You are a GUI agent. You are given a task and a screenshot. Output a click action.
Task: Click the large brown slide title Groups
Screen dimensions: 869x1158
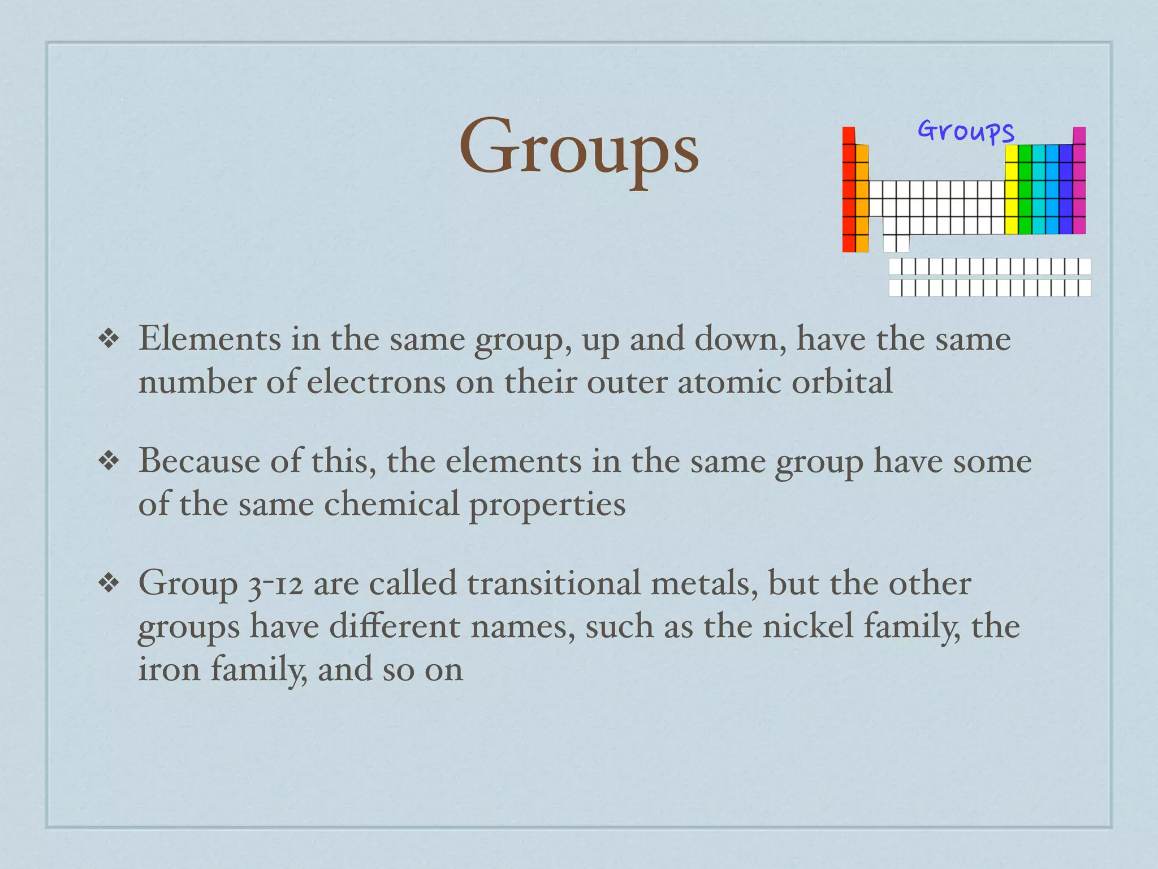tap(578, 148)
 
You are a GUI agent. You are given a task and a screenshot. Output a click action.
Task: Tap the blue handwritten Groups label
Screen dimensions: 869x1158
tap(966, 132)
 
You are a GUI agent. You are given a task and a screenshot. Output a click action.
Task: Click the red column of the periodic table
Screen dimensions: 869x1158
tap(849, 190)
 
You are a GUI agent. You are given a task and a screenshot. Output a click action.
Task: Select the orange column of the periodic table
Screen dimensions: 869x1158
tap(862, 198)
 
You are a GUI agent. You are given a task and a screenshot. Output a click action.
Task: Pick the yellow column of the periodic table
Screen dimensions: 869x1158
tap(1012, 190)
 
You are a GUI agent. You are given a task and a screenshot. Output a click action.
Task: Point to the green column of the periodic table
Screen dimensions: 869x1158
tap(1025, 190)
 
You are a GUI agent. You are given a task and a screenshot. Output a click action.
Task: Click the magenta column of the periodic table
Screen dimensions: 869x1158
tap(1079, 181)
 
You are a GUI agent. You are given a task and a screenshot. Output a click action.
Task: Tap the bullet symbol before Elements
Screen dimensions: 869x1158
tap(108, 339)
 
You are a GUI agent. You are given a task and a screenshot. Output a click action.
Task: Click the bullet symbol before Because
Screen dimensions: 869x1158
tap(108, 461)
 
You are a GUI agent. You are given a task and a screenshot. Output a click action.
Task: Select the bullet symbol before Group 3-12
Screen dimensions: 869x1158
tap(108, 583)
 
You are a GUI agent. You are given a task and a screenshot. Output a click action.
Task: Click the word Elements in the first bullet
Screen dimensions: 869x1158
tap(210, 339)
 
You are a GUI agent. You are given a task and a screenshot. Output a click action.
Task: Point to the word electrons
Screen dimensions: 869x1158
tap(376, 382)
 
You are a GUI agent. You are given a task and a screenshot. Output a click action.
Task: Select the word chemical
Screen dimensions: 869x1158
tap(391, 504)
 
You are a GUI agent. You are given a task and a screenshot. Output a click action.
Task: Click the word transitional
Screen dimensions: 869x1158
tap(554, 583)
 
